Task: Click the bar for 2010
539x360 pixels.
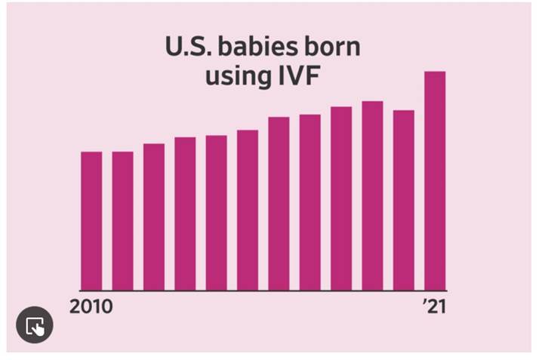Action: tap(91, 221)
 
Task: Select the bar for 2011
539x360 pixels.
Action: tap(123, 221)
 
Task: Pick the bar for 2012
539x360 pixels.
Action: tap(154, 217)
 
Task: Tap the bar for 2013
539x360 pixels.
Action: tap(185, 214)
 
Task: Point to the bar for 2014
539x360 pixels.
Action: tap(217, 214)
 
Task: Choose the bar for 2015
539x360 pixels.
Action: tap(248, 211)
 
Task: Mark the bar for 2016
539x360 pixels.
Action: tap(279, 204)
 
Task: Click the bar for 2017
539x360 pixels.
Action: tap(310, 203)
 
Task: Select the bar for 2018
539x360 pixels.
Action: tap(341, 199)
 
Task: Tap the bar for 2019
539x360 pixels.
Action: tap(372, 196)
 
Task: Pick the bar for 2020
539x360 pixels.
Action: tap(403, 201)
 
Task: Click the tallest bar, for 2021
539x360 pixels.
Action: tap(435, 181)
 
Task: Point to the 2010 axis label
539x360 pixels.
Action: tap(91, 307)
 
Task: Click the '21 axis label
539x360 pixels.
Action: tap(433, 307)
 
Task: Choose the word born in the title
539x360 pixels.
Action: tap(330, 48)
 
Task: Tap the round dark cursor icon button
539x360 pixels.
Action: tap(35, 327)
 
